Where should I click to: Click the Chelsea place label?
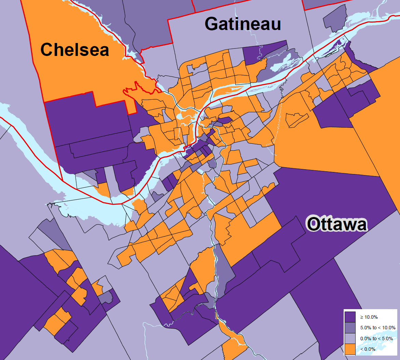coord(75,50)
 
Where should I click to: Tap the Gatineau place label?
coord(243,24)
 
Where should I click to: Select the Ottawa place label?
coord(337,225)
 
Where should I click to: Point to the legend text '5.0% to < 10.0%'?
coord(378,328)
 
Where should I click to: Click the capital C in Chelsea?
coord(46,50)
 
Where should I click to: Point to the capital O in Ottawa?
coord(313,225)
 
